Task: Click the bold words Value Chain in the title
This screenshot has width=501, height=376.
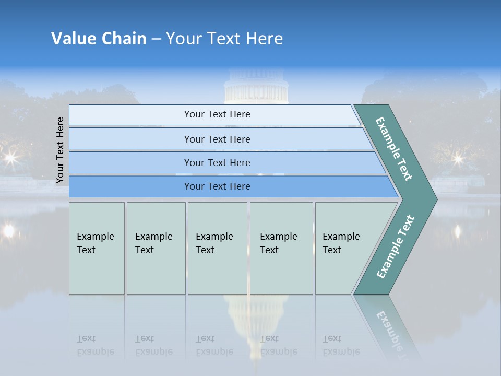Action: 99,39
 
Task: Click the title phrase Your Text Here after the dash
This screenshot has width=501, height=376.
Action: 224,39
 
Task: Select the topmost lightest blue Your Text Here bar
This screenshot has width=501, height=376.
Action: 217,114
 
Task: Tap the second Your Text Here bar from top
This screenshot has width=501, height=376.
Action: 217,139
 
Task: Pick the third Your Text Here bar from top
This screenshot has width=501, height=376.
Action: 217,162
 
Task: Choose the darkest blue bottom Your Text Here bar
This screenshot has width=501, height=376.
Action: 217,186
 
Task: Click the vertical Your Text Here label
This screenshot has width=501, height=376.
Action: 60,150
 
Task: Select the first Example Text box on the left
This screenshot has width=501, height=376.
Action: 97,248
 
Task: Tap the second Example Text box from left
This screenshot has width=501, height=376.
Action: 156,248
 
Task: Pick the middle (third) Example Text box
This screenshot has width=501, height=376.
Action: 217,248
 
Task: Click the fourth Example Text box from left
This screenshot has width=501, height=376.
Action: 281,248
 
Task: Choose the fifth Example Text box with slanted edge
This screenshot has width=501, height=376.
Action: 344,248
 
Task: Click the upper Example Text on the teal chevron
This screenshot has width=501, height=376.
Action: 395,148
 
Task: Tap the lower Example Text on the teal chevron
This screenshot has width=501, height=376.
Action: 396,246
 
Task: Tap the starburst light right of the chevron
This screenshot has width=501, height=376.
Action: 458,158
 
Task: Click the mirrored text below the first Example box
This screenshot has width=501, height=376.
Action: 96,345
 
